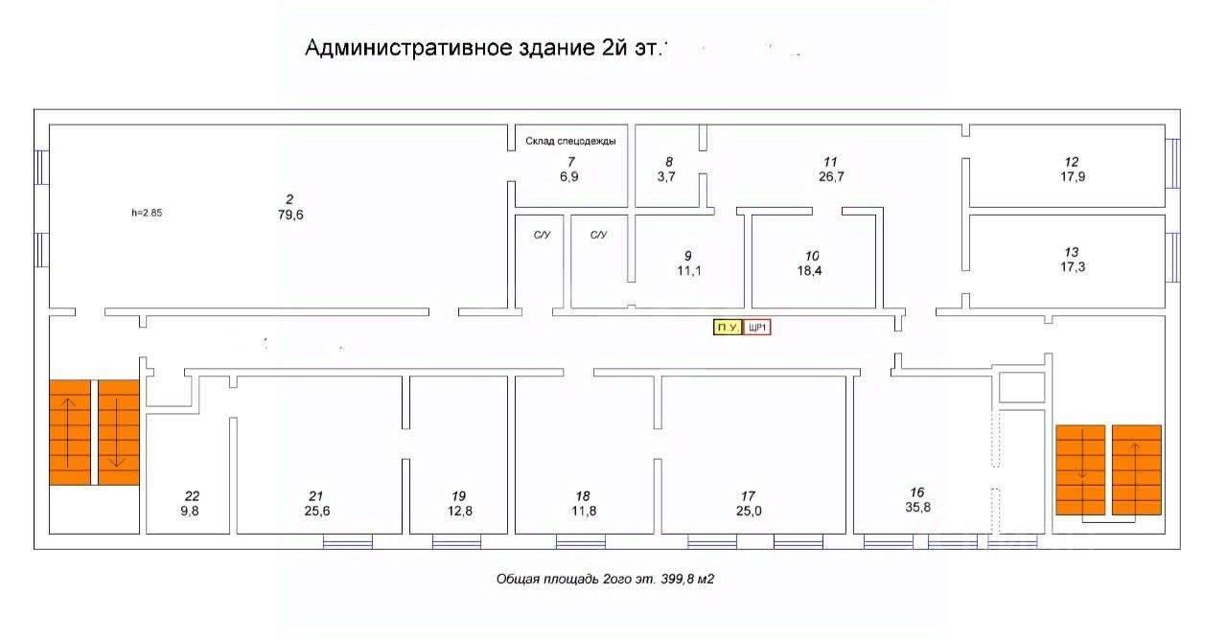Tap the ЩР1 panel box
coord(758,328)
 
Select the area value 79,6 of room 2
coord(289,215)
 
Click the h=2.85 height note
coord(147,213)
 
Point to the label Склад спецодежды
coord(570,141)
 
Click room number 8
coord(669,162)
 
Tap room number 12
coord(1072,162)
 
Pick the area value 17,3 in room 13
coord(1072,266)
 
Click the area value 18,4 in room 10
coord(812,271)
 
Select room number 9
coord(687,256)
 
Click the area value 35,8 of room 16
coord(917,508)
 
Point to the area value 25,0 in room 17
coord(749,511)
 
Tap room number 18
coord(583,495)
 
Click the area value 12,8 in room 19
coord(459,511)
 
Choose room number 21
coord(315,495)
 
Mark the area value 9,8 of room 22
coord(193,511)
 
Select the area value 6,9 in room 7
coord(569,176)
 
